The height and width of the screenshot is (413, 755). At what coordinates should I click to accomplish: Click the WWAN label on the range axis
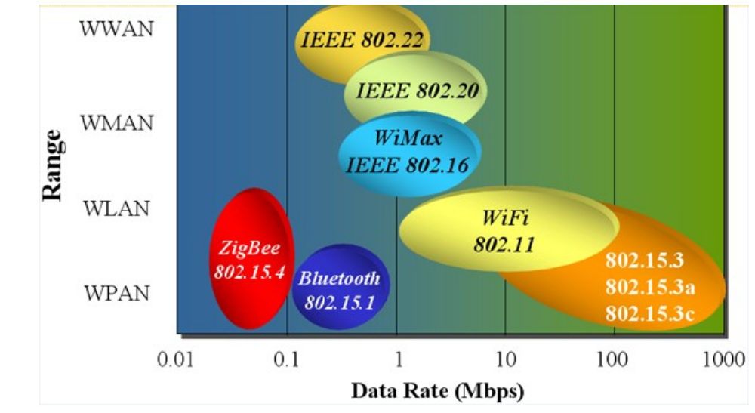(x=117, y=29)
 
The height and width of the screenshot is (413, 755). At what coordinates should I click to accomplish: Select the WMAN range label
(x=117, y=122)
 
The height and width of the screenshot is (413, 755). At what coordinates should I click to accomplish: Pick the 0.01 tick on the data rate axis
(x=176, y=359)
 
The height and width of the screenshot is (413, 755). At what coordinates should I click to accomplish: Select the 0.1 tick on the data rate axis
(x=287, y=359)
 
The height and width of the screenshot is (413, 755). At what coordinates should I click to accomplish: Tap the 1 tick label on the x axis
(x=397, y=359)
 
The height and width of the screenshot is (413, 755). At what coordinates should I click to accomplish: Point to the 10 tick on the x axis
(x=505, y=359)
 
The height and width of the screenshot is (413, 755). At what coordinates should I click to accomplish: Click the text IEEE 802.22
(x=362, y=40)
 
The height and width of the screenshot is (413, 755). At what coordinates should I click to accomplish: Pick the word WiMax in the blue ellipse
(x=408, y=139)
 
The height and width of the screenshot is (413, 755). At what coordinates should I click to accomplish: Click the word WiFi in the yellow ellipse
(x=506, y=219)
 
